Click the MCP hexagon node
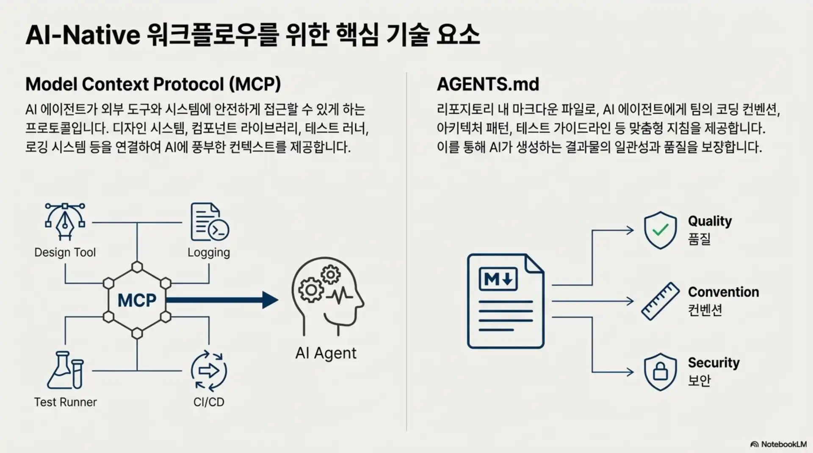click(137, 300)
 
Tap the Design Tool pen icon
click(65, 221)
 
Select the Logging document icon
click(209, 222)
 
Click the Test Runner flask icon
click(65, 370)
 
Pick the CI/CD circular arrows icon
click(209, 371)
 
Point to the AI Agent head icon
click(327, 296)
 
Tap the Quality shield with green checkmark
click(660, 230)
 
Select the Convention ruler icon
click(660, 301)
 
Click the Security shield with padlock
click(660, 371)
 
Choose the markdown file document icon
click(505, 301)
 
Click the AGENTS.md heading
click(488, 84)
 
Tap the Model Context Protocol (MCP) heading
click(153, 84)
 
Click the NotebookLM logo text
click(783, 444)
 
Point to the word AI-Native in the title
click(83, 35)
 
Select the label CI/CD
click(209, 402)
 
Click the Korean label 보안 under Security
click(699, 380)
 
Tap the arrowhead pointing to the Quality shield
click(630, 231)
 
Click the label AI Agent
click(326, 353)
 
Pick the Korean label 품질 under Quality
click(699, 239)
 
